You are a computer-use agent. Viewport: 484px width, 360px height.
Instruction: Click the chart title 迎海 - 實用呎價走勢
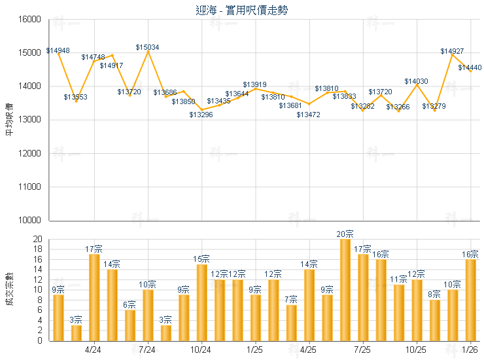coord(241,10)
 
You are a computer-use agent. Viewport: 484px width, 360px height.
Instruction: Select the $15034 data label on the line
coord(147,47)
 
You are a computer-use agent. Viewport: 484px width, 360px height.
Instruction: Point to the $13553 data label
coord(76,97)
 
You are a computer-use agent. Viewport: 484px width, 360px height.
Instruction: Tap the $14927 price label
coord(452,51)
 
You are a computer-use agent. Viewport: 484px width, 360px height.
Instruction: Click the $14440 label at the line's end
coord(470,67)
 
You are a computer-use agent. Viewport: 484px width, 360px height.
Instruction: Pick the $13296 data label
coord(201,115)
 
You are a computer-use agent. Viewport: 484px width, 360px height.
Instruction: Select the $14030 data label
coord(416,81)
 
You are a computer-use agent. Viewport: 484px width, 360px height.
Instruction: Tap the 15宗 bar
coord(201,302)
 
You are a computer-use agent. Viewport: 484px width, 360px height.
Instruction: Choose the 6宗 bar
coord(130,325)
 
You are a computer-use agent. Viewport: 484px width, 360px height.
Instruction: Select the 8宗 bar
coord(434,319)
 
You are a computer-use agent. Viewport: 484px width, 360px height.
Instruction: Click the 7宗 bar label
coord(292,299)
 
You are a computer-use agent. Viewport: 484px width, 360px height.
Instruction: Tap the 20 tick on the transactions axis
coord(37,240)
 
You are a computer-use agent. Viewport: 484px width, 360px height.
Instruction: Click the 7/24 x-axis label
coord(147,350)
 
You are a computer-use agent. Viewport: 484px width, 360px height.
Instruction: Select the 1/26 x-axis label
coord(470,350)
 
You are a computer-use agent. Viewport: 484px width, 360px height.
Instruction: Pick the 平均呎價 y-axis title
coord(9,120)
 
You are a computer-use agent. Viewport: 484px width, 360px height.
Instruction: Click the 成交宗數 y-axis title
coord(9,290)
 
